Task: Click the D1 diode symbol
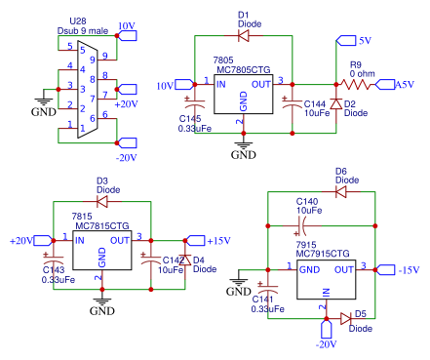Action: point(243,36)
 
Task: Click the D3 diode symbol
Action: point(101,201)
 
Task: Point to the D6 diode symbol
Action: point(340,192)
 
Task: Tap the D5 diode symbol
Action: point(346,318)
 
